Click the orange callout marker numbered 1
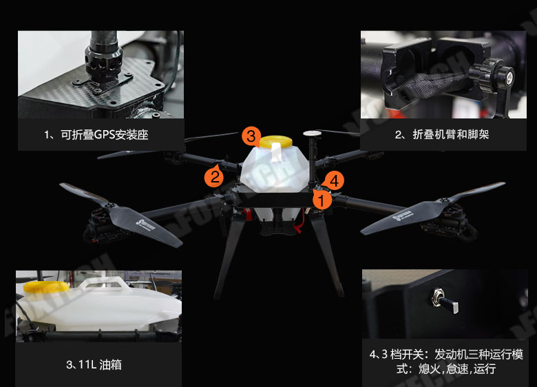tap(322, 200)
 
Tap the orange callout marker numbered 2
tap(214, 177)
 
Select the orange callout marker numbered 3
tap(251, 136)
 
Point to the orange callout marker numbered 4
tap(334, 180)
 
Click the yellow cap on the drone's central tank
tap(275, 141)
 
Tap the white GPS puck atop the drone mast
tap(313, 133)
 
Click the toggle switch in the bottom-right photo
tap(445, 301)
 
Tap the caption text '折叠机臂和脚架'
tap(451, 134)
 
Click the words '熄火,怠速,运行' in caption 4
tap(457, 368)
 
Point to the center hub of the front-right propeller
tap(445, 201)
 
